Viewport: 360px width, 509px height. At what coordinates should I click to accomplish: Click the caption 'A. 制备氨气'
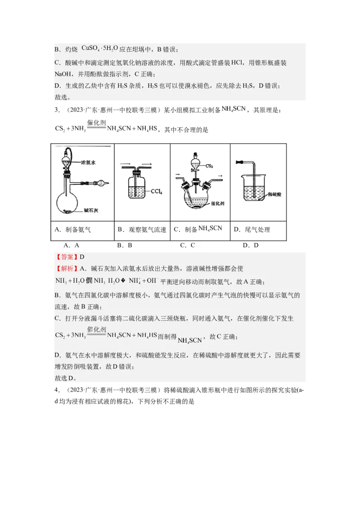(72, 229)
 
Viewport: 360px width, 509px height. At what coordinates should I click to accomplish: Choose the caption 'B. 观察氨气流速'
(142, 229)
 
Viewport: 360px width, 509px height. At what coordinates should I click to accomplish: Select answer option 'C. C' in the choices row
(187, 246)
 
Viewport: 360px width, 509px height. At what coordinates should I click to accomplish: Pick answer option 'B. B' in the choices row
(124, 246)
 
